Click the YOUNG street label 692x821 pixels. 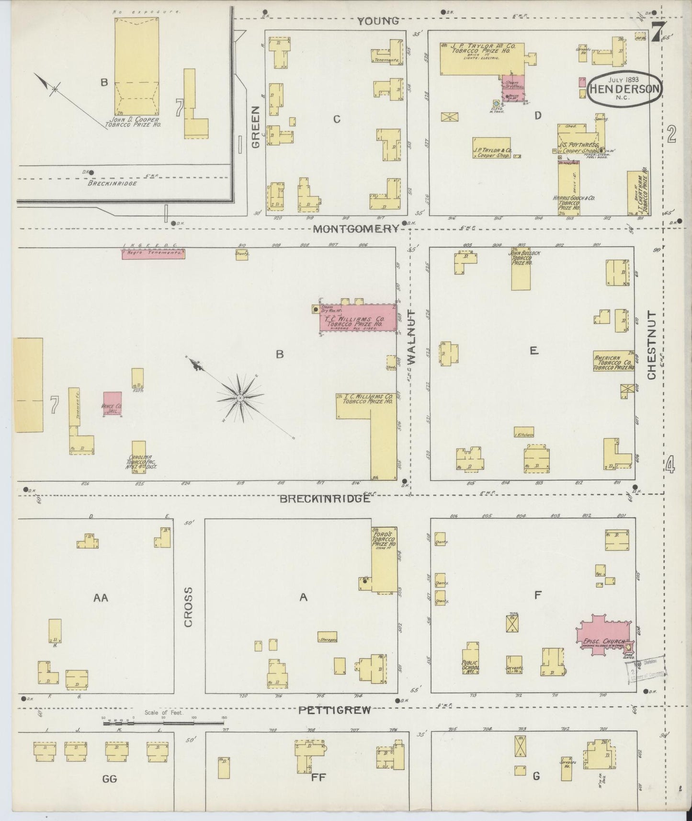click(x=378, y=21)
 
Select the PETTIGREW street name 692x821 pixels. click(x=334, y=710)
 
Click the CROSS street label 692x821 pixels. click(x=188, y=606)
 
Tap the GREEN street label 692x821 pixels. click(x=255, y=127)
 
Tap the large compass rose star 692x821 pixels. click(x=240, y=398)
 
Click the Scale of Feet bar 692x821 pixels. click(x=163, y=722)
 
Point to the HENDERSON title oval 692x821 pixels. click(x=625, y=90)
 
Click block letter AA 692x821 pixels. click(x=101, y=597)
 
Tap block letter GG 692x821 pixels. click(x=110, y=778)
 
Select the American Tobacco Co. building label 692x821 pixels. click(x=614, y=361)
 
